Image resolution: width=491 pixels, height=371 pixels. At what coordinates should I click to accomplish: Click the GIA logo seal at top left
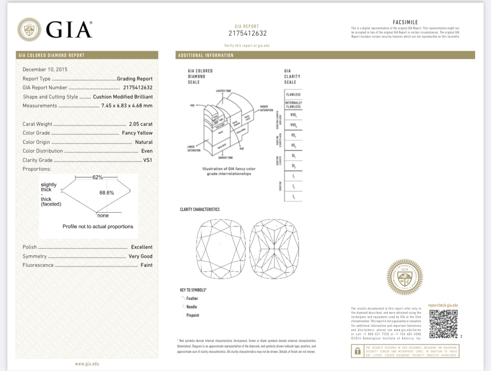(29, 30)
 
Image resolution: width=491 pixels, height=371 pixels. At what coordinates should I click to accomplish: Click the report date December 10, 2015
(45, 70)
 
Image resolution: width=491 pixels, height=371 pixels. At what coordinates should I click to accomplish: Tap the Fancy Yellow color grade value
(137, 133)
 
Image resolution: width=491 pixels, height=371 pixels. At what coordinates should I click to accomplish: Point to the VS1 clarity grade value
(148, 160)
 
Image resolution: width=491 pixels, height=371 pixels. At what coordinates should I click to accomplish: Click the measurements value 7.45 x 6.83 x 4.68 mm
(127, 106)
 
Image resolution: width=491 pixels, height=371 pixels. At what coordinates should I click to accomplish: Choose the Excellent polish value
(141, 247)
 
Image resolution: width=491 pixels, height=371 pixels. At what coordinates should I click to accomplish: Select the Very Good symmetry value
(141, 256)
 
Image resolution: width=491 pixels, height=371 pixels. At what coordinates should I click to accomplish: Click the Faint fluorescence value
(146, 265)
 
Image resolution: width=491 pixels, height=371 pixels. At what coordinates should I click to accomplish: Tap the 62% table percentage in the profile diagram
(97, 178)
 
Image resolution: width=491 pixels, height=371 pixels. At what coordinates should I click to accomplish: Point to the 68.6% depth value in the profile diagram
(107, 193)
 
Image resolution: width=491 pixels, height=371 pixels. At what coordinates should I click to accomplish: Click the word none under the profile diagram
(103, 216)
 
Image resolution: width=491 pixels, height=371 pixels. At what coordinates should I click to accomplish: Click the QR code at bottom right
(443, 324)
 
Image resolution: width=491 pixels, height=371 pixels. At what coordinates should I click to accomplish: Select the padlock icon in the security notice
(358, 351)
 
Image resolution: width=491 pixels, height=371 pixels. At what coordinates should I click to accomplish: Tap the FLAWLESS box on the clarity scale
(293, 94)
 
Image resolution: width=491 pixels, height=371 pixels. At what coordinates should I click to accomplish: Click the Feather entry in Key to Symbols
(192, 298)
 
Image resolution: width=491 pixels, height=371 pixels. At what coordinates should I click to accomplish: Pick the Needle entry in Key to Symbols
(191, 307)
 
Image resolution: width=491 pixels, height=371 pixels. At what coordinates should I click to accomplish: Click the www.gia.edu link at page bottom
(87, 364)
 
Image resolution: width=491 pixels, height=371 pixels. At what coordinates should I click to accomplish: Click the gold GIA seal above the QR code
(405, 277)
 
